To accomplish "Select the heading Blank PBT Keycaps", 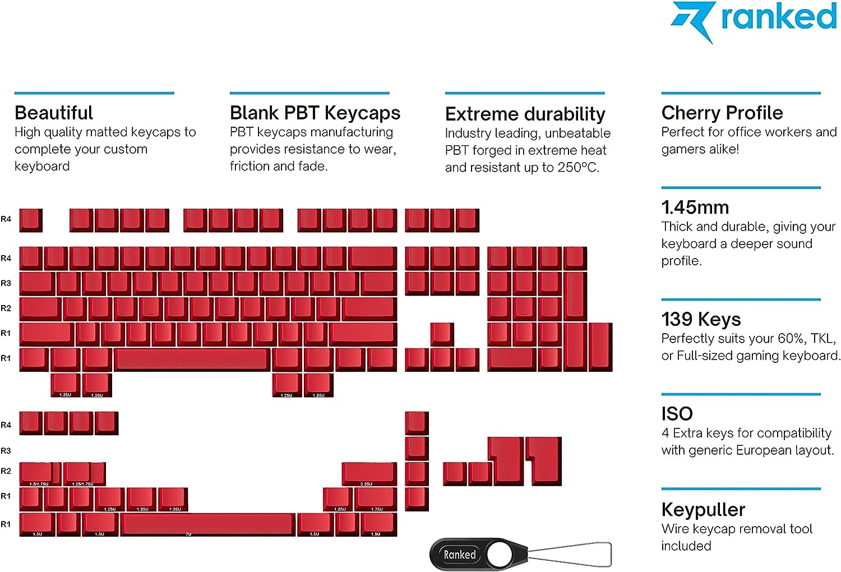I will pyautogui.click(x=315, y=113).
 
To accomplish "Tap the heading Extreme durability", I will pyautogui.click(x=525, y=114).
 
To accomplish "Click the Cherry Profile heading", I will pyautogui.click(x=722, y=113).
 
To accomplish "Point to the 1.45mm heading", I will pyautogui.click(x=695, y=207).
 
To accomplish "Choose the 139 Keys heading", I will pyautogui.click(x=701, y=319).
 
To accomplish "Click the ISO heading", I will pyautogui.click(x=677, y=414).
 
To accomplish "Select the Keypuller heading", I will pyautogui.click(x=703, y=509).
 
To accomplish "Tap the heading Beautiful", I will pyautogui.click(x=53, y=113).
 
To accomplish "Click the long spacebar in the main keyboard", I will pyautogui.click(x=192, y=359).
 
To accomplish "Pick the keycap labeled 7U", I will pyautogui.click(x=207, y=524).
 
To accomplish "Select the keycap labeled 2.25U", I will pyautogui.click(x=369, y=474).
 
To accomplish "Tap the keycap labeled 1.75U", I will pyautogui.click(x=376, y=499).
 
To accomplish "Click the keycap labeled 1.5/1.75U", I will pyautogui.click(x=39, y=474).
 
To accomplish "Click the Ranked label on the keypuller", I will pyautogui.click(x=460, y=555).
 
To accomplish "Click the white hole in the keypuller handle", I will pyautogui.click(x=498, y=555).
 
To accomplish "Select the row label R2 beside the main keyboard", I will pyautogui.click(x=6, y=308).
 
